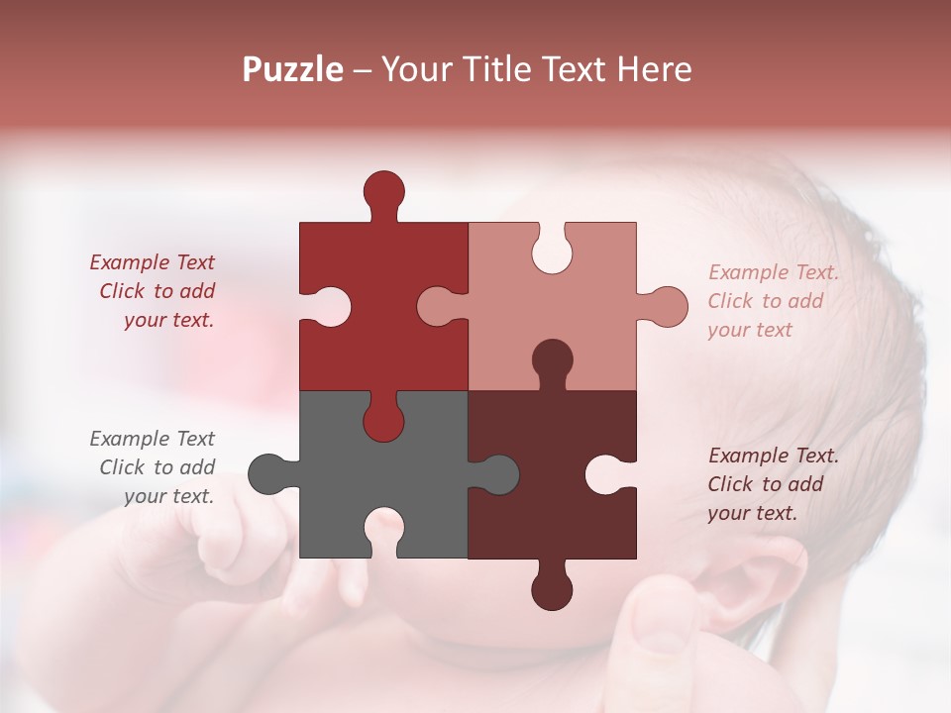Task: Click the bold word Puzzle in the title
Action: pos(293,69)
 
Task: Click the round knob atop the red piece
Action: pos(383,191)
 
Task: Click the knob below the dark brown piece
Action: pos(552,588)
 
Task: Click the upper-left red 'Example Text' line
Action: pos(153,262)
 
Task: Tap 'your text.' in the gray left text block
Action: pos(168,496)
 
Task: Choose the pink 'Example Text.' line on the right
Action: pos(774,272)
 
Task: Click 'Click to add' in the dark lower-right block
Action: pos(766,484)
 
